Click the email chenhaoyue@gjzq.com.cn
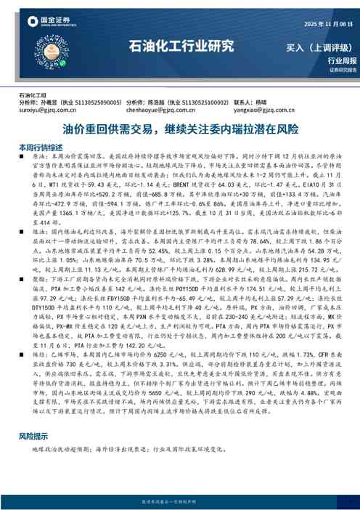pos(159,112)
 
